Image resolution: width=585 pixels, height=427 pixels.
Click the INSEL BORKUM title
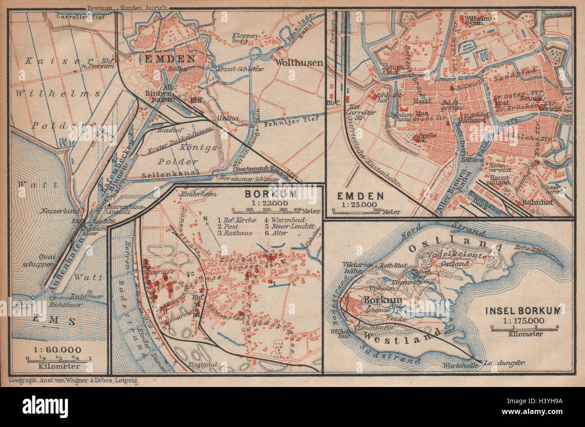[523, 311]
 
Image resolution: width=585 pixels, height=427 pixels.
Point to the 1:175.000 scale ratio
[524, 320]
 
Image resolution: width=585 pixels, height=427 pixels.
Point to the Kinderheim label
[196, 194]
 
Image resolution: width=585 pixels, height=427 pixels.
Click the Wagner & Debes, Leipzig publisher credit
[75, 380]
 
